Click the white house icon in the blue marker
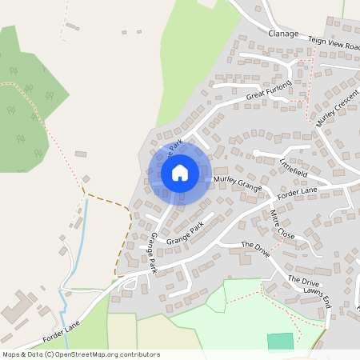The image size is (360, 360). (x=180, y=172)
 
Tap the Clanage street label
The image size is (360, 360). (x=283, y=34)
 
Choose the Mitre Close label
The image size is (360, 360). (x=282, y=226)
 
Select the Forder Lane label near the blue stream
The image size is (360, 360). (x=62, y=328)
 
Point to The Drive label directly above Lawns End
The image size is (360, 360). (x=303, y=281)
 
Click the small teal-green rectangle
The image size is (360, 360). (x=280, y=341)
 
